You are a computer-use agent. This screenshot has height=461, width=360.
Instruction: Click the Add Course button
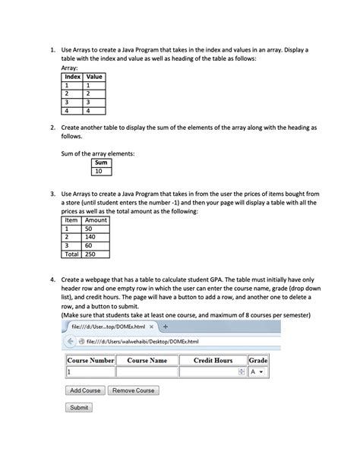[85, 390]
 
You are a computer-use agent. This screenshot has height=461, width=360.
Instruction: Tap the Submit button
[80, 408]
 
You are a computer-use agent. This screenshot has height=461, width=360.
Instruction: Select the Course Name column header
[147, 360]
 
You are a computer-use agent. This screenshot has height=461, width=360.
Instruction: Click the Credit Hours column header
[213, 360]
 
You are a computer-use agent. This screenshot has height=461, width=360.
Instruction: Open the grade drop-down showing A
[258, 372]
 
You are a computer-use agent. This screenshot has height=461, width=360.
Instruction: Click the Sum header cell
[101, 163]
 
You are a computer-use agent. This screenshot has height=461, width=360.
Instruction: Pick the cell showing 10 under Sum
[101, 172]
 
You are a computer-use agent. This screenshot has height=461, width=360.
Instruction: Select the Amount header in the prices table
[96, 219]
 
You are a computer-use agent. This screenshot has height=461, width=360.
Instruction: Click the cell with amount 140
[96, 237]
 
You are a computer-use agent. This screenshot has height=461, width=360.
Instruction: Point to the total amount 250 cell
[96, 254]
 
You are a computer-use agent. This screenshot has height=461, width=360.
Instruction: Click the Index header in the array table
[72, 77]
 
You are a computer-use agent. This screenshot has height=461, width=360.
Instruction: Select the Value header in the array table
[95, 77]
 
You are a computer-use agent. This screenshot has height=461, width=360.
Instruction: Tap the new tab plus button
[165, 327]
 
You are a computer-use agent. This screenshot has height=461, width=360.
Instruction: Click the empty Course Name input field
[147, 372]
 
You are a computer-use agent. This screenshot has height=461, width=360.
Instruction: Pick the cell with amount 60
[96, 245]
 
